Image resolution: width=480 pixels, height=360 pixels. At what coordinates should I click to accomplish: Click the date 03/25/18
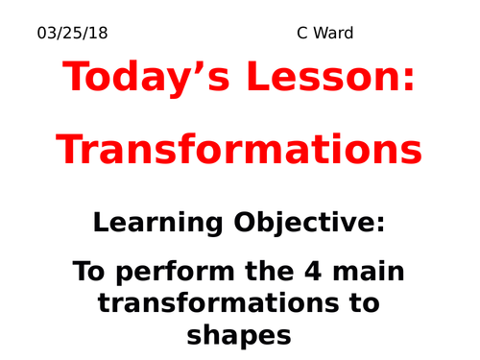tap(73, 34)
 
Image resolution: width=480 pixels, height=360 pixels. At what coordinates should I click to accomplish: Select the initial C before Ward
tap(303, 34)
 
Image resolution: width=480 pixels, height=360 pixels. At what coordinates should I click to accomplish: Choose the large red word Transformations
tap(239, 150)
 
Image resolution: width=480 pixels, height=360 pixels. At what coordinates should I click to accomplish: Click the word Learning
tap(157, 224)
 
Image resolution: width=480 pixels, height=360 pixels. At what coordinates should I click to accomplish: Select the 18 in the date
tap(99, 34)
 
